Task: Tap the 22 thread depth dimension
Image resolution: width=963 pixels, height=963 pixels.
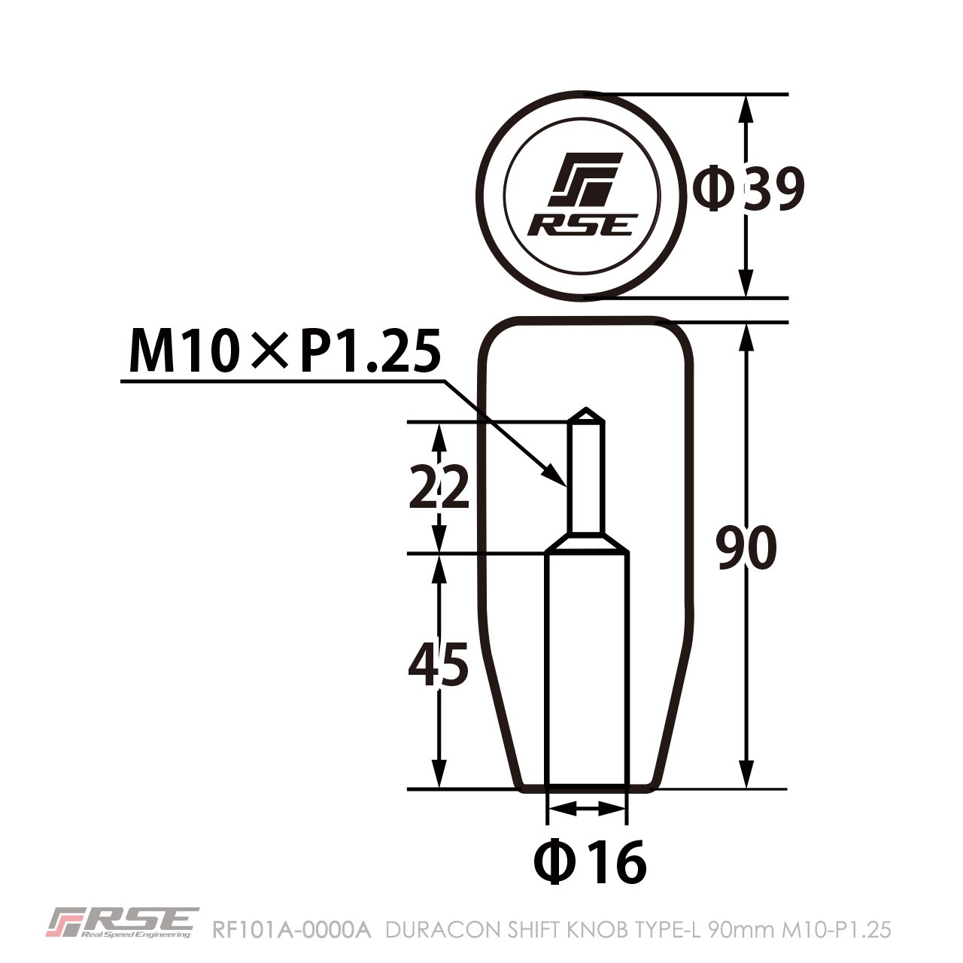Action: pyautogui.click(x=439, y=488)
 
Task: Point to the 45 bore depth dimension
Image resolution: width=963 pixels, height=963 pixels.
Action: pyautogui.click(x=438, y=664)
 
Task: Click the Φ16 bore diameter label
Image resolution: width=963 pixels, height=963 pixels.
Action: pyautogui.click(x=590, y=862)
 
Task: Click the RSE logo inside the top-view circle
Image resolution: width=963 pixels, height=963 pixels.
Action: pyautogui.click(x=583, y=195)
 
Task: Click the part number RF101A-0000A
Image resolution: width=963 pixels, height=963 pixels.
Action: pyautogui.click(x=292, y=931)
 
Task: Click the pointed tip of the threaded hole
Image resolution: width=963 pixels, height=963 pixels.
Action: pyautogui.click(x=586, y=412)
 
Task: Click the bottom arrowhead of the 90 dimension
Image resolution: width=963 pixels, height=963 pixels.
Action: pyautogui.click(x=746, y=775)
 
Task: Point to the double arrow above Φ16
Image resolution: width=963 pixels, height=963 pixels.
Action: pyautogui.click(x=587, y=809)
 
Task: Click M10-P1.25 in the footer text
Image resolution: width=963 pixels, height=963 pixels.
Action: pyautogui.click(x=837, y=931)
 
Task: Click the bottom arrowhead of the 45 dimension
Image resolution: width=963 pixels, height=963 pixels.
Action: pyautogui.click(x=439, y=775)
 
